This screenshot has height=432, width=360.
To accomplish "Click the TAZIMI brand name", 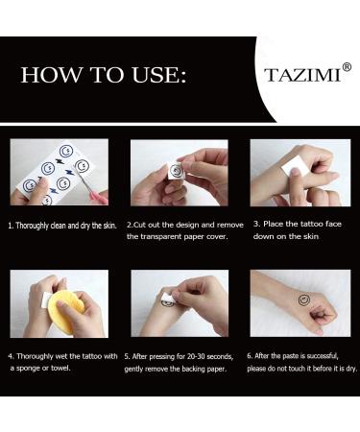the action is [x=302, y=75].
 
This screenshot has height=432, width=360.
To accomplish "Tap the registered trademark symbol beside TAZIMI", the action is [x=347, y=67].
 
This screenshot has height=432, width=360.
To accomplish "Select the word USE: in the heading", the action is [x=159, y=75].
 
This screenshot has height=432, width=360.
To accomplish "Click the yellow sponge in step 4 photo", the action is [x=65, y=308].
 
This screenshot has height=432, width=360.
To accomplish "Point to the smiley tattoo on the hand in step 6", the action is [x=304, y=300].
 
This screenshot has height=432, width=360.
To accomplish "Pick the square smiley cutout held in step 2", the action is [x=176, y=172].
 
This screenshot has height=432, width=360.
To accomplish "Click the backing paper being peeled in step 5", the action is [x=169, y=298].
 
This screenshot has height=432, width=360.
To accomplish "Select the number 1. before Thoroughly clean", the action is [x=11, y=226].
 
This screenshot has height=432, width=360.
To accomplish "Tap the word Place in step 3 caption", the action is [x=273, y=224].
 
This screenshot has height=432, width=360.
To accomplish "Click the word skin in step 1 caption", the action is [x=109, y=226].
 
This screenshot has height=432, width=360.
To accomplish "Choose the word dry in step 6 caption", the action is [x=351, y=369].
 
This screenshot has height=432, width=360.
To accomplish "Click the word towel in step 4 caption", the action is [x=60, y=368].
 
